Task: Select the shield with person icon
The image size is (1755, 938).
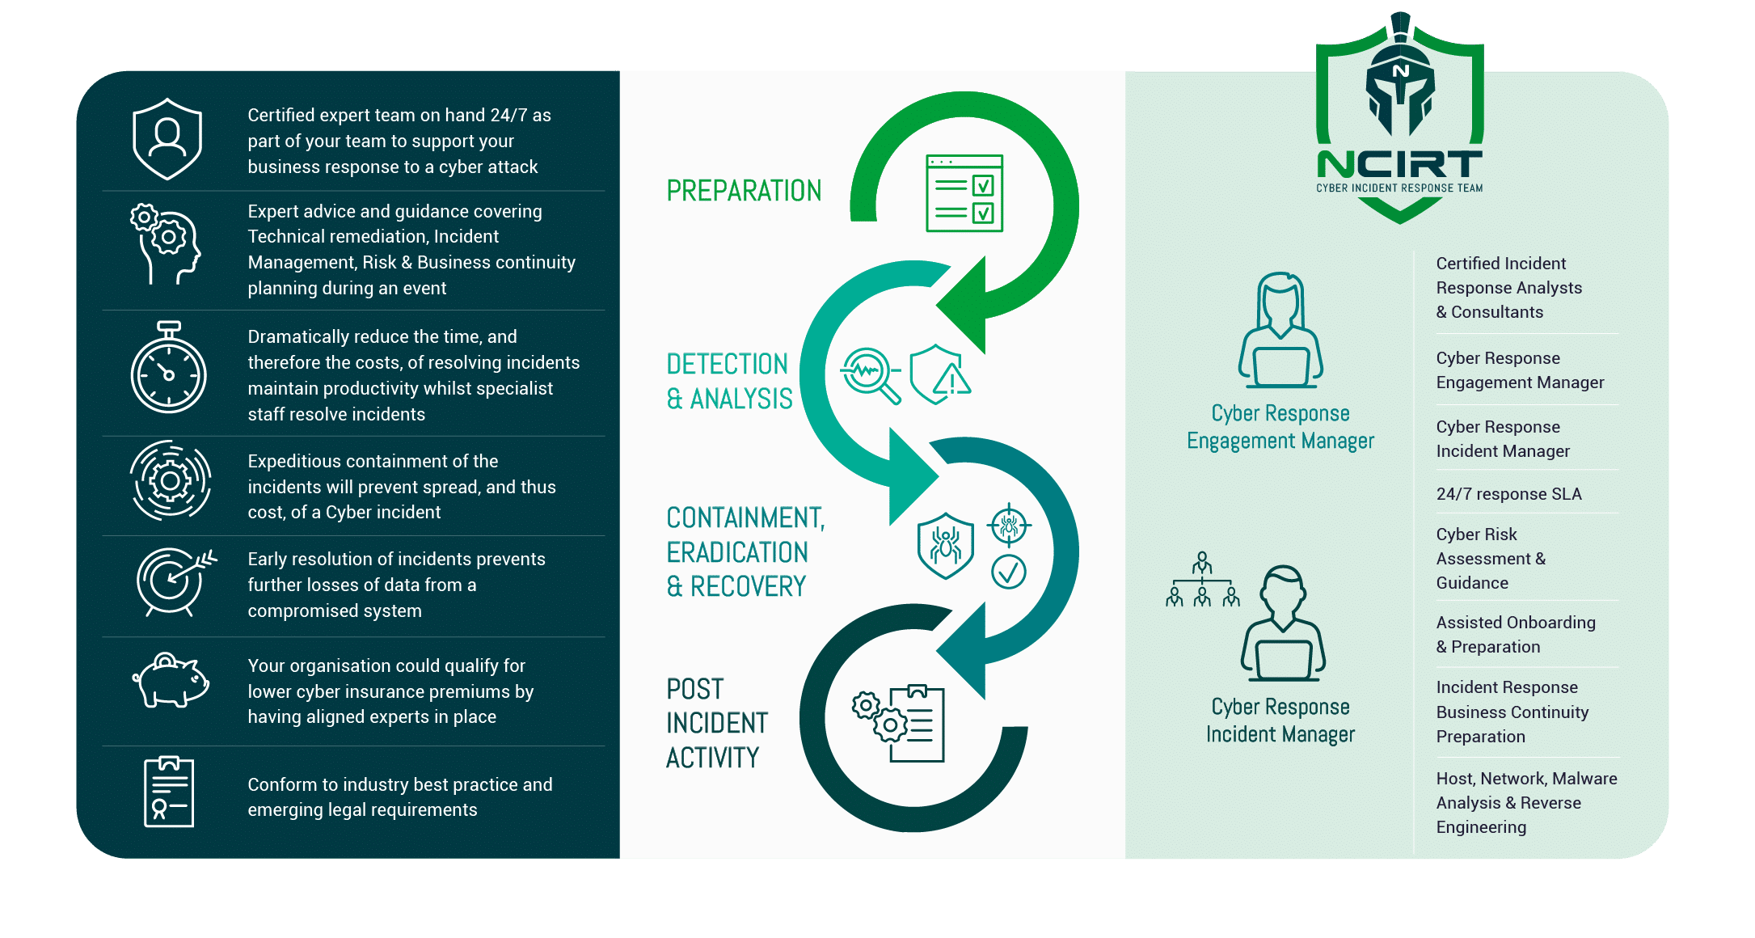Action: pyautogui.click(x=167, y=139)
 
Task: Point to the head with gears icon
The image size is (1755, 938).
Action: pyautogui.click(x=166, y=243)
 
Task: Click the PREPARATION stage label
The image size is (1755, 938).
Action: pyautogui.click(x=744, y=191)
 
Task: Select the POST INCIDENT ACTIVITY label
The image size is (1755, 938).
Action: pyautogui.click(x=716, y=723)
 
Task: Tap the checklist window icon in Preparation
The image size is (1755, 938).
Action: pyautogui.click(x=964, y=193)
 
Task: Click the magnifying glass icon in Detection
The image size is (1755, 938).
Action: pyautogui.click(x=870, y=374)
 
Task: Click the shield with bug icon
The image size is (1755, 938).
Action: pyautogui.click(x=945, y=545)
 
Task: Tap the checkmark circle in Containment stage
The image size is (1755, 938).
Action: pyautogui.click(x=1008, y=572)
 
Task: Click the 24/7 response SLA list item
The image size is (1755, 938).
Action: pyautogui.click(x=1508, y=494)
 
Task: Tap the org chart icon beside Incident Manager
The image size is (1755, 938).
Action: pyautogui.click(x=1202, y=580)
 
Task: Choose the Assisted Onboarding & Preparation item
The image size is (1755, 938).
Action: pyautogui.click(x=1515, y=635)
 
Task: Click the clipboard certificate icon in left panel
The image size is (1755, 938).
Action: pyautogui.click(x=168, y=792)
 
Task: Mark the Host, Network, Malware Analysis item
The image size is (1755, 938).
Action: pyautogui.click(x=1525, y=802)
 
